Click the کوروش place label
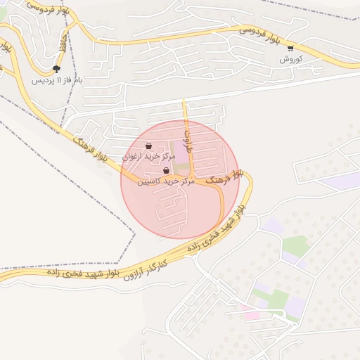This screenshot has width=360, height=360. point(290,59)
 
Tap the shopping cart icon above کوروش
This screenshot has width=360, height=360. point(290,49)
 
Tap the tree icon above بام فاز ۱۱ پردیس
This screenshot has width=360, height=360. point(56,69)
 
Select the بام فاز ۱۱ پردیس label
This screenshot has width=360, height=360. point(56,80)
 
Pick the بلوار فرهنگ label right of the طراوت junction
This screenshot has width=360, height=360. point(229,176)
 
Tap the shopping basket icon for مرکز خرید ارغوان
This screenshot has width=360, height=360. point(148,146)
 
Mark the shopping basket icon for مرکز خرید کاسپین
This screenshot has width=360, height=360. point(166,171)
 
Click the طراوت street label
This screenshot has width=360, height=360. point(188,134)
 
